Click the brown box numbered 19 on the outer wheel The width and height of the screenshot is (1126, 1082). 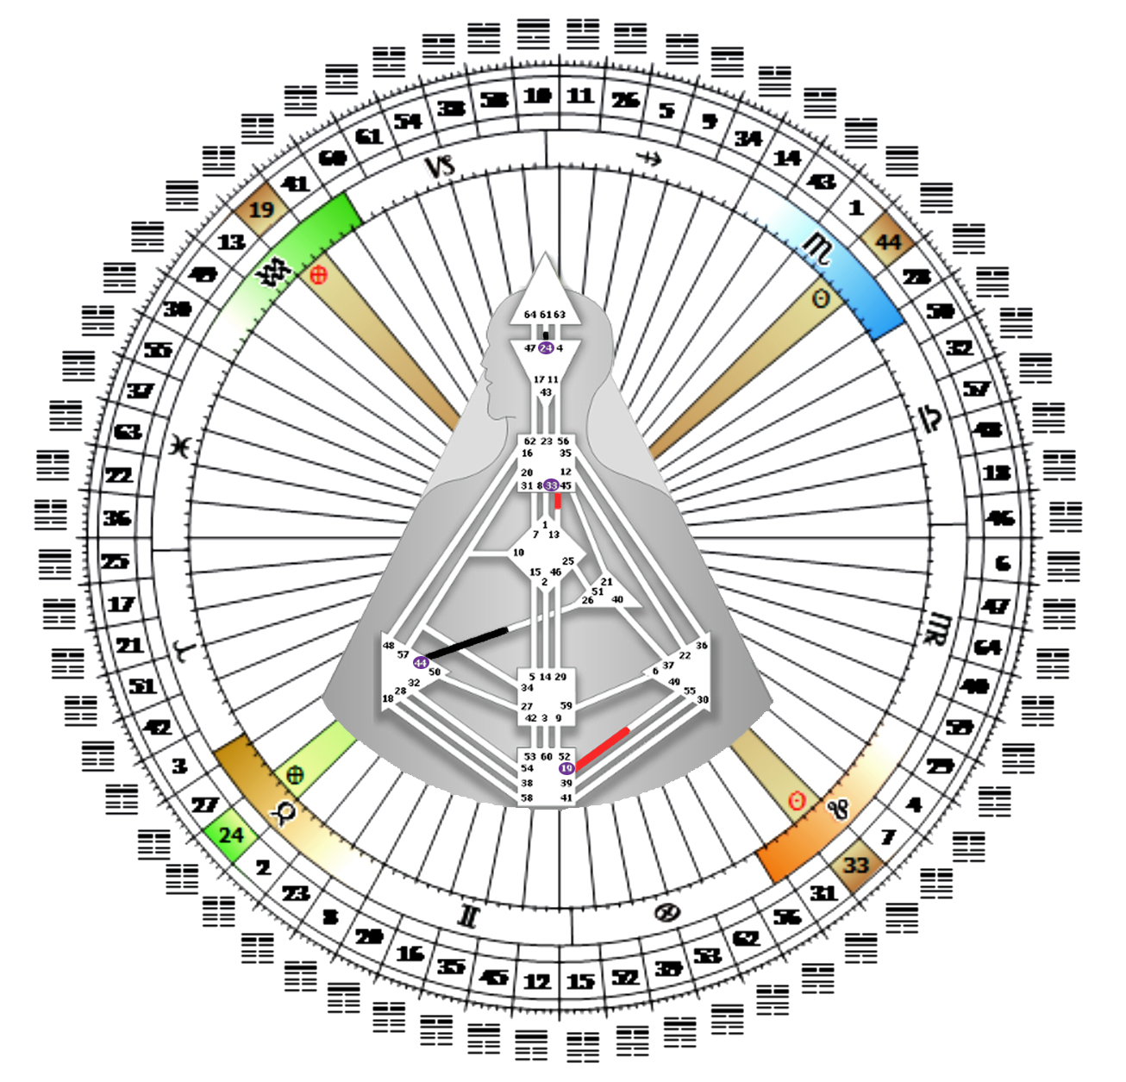(260, 210)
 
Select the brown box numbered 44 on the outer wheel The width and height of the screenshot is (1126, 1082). (887, 241)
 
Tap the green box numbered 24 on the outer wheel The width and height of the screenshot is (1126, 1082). (230, 835)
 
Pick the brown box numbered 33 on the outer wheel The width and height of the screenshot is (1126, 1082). (855, 864)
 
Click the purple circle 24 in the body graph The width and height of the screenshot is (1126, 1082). (546, 348)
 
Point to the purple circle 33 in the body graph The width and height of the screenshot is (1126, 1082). (551, 485)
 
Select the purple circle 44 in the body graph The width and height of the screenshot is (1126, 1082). (421, 662)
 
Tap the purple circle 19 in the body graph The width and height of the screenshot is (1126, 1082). (566, 768)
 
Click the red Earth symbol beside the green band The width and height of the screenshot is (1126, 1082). (318, 275)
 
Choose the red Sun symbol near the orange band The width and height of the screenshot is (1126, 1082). (798, 802)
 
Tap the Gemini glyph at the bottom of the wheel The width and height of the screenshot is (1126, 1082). (468, 916)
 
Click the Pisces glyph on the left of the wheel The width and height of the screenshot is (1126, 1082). (181, 446)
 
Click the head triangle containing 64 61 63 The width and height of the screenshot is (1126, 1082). (545, 297)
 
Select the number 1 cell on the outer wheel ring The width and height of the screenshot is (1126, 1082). (855, 208)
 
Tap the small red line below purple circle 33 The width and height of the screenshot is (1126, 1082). (559, 500)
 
